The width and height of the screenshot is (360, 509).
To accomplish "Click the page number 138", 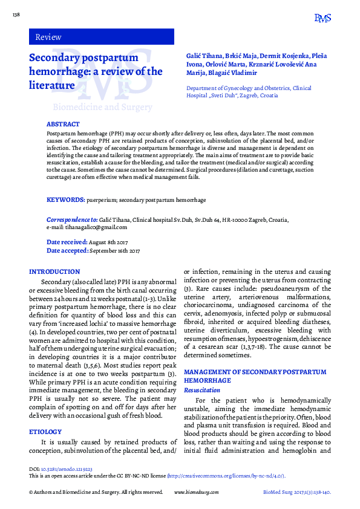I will tap(16, 14).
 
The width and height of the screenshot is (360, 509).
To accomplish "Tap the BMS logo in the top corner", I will tap(322, 19).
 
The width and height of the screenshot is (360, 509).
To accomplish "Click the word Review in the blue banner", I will tap(48, 37).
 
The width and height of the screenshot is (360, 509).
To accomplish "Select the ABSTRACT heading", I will tap(63, 124).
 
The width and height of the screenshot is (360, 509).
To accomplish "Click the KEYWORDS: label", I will tap(65, 199).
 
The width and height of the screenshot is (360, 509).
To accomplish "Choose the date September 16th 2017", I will tap(114, 250).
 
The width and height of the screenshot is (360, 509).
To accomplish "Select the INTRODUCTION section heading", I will tap(54, 272).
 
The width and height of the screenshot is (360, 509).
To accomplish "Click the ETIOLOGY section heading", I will tap(45, 432).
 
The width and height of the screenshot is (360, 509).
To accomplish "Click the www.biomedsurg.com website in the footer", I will tap(195, 493).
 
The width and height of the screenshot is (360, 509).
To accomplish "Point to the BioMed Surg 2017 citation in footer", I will tap(296, 493).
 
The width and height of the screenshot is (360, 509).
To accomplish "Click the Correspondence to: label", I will tap(72, 220).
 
